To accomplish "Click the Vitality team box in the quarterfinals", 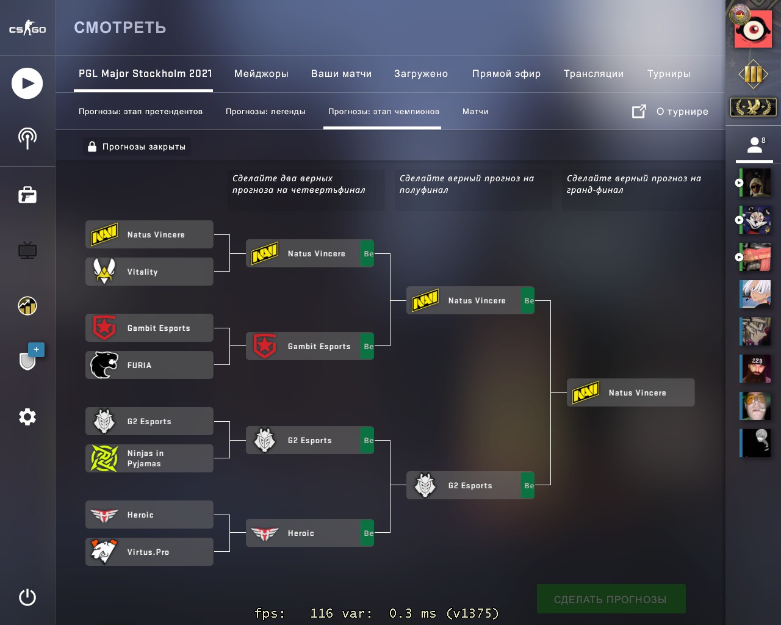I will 149,272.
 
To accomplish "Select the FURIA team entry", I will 149,365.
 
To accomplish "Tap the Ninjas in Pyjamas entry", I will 149,458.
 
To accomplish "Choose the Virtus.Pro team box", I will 149,552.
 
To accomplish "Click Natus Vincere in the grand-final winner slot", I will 630,392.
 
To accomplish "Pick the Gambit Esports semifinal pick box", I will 309,346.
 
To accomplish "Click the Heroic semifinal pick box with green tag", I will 309,533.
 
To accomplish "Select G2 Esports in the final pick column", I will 470,485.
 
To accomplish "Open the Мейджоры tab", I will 261,74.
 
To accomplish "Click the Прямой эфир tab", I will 506,74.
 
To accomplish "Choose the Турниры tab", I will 669,74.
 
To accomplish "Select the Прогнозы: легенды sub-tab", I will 265,112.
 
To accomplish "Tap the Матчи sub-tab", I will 475,112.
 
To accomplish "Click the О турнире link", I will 682,112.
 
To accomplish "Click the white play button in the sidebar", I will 27,84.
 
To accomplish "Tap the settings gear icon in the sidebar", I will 27,417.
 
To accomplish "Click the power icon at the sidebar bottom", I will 27,597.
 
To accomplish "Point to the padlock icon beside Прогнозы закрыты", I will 92,146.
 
